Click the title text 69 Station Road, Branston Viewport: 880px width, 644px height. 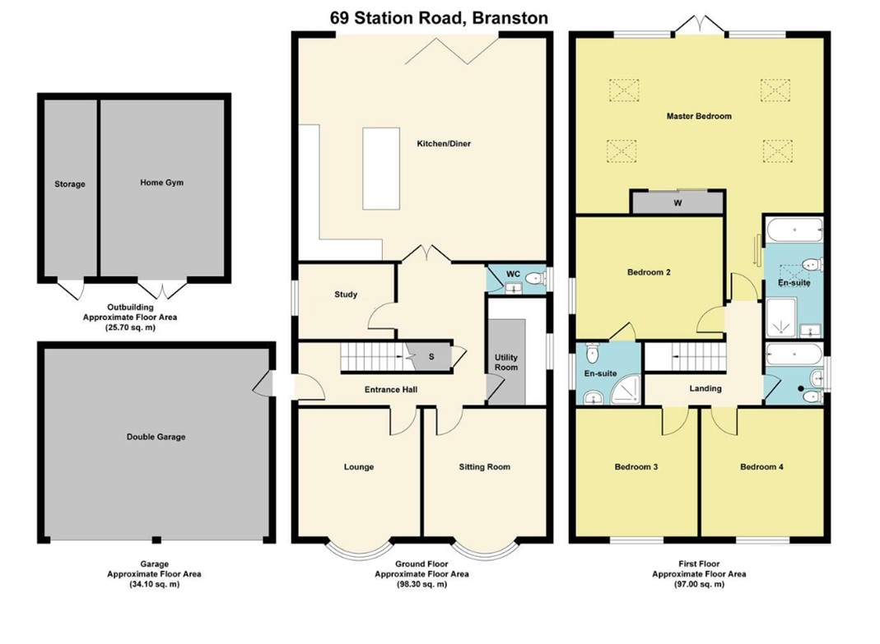pyautogui.click(x=439, y=17)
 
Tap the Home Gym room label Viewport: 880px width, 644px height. pyautogui.click(x=161, y=183)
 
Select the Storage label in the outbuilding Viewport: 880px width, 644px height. pyautogui.click(x=70, y=184)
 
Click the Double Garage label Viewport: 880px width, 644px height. pyautogui.click(x=156, y=437)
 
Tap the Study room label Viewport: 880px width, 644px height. pyautogui.click(x=346, y=294)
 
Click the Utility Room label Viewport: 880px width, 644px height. pyautogui.click(x=506, y=362)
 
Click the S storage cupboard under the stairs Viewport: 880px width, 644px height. pyautogui.click(x=431, y=357)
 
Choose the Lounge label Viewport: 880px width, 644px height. pyautogui.click(x=358, y=467)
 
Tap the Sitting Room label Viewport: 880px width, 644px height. pyautogui.click(x=484, y=467)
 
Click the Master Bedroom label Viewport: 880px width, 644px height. pyautogui.click(x=698, y=117)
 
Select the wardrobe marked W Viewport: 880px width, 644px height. pyautogui.click(x=677, y=203)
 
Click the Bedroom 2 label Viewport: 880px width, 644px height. pyautogui.click(x=648, y=272)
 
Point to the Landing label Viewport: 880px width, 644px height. pyautogui.click(x=705, y=388)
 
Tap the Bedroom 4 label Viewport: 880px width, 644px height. pyautogui.click(x=761, y=467)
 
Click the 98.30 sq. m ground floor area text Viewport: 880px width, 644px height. pyautogui.click(x=421, y=585)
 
